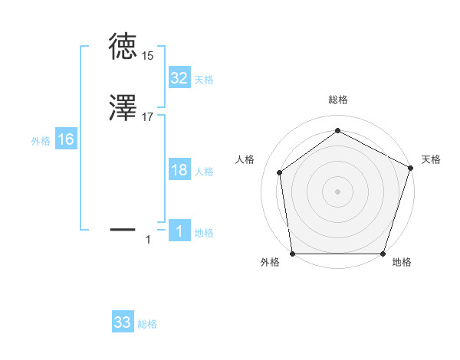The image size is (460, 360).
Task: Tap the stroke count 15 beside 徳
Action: [x=147, y=56]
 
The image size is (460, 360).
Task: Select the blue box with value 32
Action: [x=179, y=78]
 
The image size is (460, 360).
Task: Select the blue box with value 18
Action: [x=179, y=170]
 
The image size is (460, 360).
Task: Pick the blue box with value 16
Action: [x=66, y=139]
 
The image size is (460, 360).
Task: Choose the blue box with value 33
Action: [x=123, y=322]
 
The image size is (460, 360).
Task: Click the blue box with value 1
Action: [x=179, y=231]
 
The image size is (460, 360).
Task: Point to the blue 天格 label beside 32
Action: [x=204, y=80]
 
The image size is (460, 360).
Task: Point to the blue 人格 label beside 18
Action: [x=204, y=172]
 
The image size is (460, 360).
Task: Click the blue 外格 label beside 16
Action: [x=41, y=141]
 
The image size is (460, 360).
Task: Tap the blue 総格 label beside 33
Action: [x=147, y=324]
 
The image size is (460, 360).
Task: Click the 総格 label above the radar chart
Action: [x=338, y=100]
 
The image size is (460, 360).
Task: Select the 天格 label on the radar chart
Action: [x=431, y=159]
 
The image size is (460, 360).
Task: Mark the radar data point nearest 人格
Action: [x=280, y=172]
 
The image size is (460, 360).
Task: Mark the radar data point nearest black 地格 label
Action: [x=383, y=254]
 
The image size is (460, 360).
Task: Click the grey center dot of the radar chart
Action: [x=337, y=191]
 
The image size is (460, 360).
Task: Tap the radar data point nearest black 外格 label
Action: [x=292, y=254]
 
